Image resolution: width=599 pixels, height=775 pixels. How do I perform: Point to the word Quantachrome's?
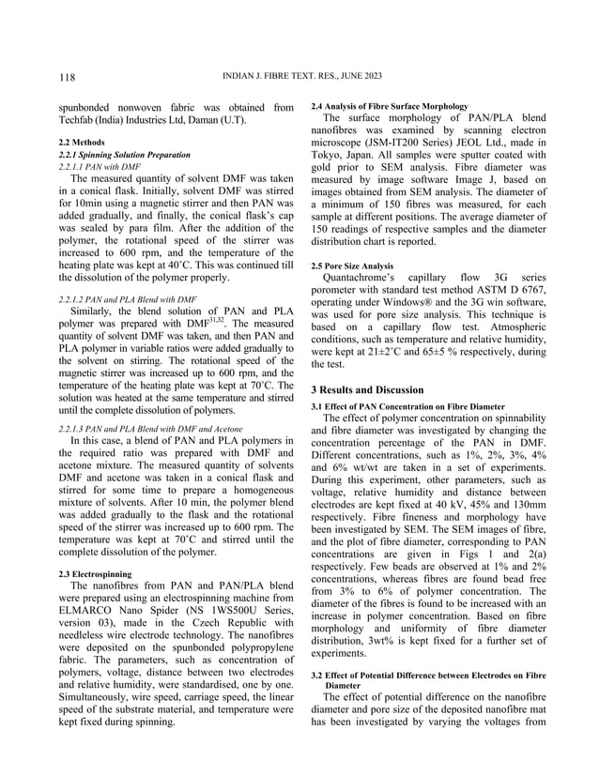pyautogui.click(x=361, y=280)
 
